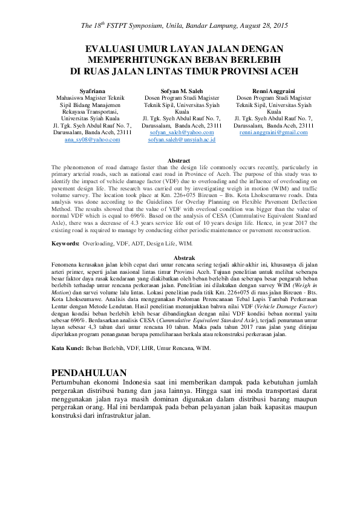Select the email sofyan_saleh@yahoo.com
tap(182, 132)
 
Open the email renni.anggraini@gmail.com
tap(273, 132)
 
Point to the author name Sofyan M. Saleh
tap(182, 90)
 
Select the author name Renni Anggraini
tap(273, 90)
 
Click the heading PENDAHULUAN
tap(90, 372)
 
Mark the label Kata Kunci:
tap(67, 349)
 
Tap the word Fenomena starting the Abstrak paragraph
tap(67, 265)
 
